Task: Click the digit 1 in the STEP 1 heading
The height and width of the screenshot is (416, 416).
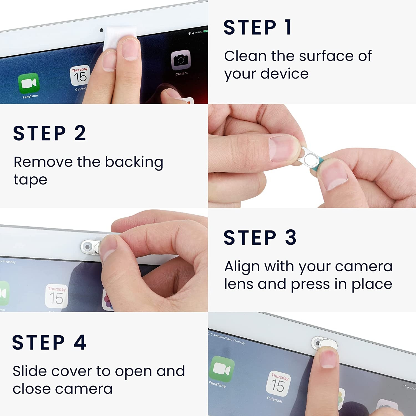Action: [288, 27]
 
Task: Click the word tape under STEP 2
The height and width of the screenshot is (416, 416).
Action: [31, 180]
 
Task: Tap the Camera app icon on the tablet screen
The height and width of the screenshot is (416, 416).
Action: [181, 60]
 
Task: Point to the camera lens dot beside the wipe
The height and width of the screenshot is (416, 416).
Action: [102, 30]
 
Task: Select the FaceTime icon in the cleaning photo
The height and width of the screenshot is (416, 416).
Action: [29, 83]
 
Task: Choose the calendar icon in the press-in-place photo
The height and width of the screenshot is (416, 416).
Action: [57, 296]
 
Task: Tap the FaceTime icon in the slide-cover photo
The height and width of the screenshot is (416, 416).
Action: [222, 369]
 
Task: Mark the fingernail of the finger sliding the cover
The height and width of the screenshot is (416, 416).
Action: [328, 359]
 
